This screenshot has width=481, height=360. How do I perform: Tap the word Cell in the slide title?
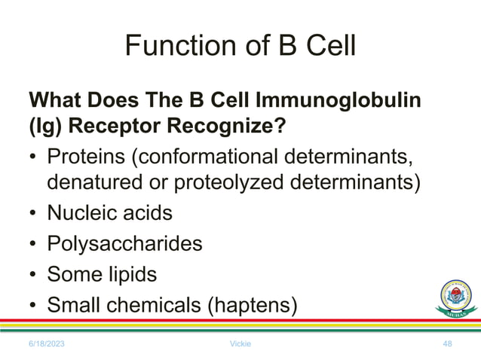pos(325,47)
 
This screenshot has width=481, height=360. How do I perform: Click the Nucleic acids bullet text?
pos(109,213)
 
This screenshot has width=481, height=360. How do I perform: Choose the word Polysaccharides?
pos(124,244)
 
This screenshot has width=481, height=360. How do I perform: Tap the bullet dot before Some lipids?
pos(33,275)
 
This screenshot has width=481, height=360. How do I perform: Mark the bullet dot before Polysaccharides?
pos(33,244)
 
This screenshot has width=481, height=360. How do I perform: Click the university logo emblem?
pos(456,299)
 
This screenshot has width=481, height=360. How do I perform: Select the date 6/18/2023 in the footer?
pos(47,343)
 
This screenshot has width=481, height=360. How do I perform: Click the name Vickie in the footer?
pos(240,343)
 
